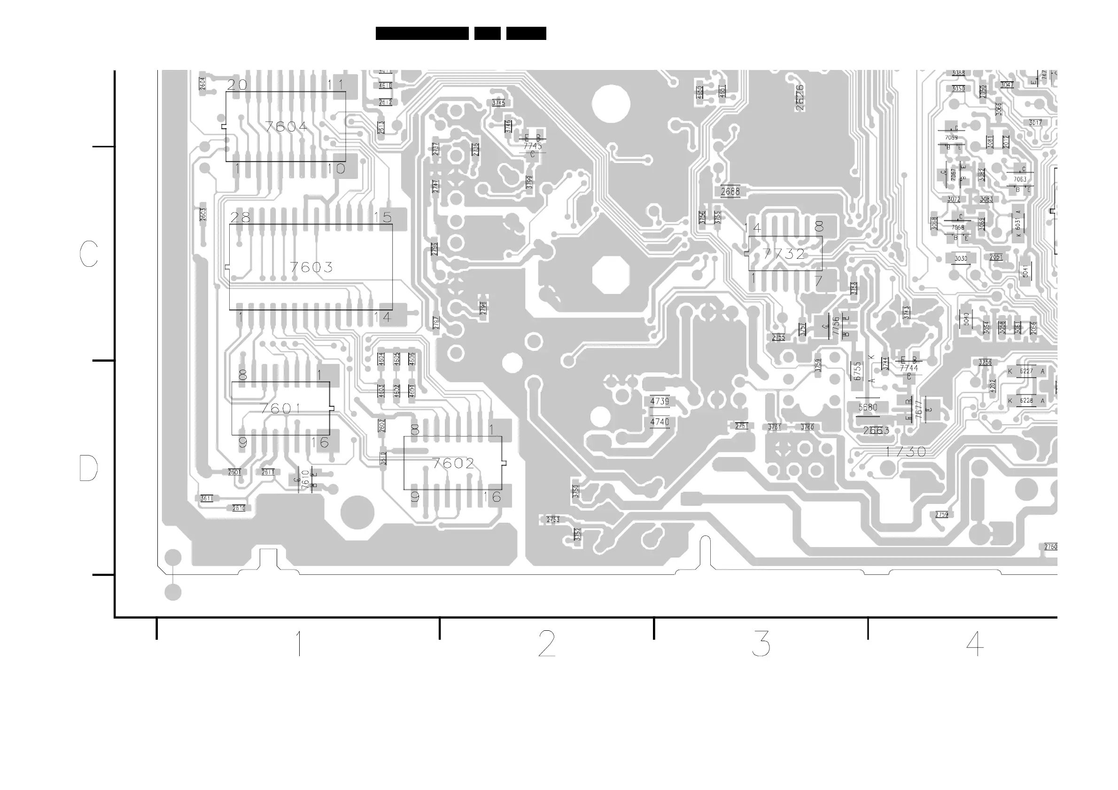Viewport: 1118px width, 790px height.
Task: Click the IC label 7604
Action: [287, 127]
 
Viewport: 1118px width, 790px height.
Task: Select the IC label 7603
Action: [311, 267]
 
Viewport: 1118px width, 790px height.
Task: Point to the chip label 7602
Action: [453, 463]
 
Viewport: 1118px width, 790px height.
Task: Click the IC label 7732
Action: [784, 254]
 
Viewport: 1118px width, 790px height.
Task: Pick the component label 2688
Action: [730, 192]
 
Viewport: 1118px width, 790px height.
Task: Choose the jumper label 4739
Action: [660, 402]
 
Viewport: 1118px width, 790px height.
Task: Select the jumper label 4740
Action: [660, 422]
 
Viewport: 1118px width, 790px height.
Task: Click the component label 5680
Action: [868, 407]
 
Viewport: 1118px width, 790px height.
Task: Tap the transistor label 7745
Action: [533, 146]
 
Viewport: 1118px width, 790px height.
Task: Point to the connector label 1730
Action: [906, 452]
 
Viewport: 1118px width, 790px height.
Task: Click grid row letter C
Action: [89, 254]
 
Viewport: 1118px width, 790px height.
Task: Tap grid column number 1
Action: [298, 643]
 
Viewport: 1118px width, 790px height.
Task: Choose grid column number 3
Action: [761, 643]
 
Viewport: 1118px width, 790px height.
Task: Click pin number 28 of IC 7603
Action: [240, 217]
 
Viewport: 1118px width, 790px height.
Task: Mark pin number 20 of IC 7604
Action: [237, 85]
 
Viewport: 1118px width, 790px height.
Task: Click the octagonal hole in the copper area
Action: [611, 275]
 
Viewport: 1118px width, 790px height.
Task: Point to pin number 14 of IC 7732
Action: [753, 228]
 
